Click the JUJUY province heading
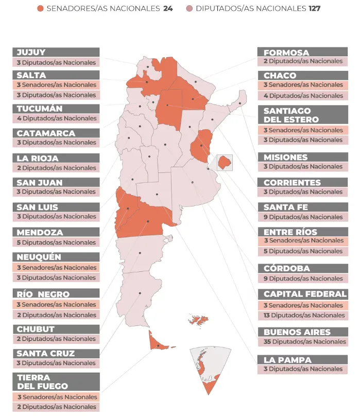coord(56,52)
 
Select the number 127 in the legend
coord(314,9)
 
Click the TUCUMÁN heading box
coord(56,109)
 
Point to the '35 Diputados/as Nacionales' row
coord(303,342)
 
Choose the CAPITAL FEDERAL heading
coord(303,294)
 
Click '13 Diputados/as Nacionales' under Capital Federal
coord(303,315)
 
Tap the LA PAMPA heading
coord(303,359)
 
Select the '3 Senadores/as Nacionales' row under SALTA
coord(56,85)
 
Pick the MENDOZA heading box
coord(56,232)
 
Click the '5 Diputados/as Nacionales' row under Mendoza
coord(56,242)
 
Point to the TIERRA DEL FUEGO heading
coord(56,381)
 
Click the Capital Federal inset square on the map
coord(225,162)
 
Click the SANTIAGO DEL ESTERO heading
coord(303,115)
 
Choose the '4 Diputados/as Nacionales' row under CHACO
coord(303,96)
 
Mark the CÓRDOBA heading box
coord(303,268)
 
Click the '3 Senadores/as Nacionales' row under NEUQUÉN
coord(56,268)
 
